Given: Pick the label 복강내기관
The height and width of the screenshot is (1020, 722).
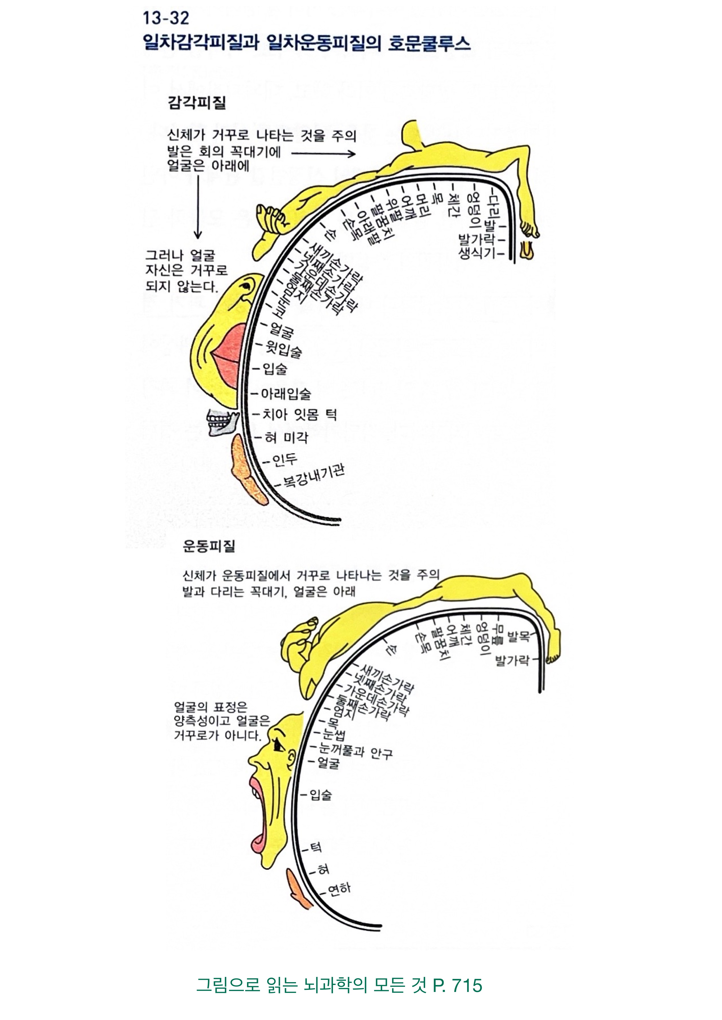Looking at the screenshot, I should point(314,476).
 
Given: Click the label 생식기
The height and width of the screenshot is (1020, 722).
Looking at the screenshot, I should point(477,254).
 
